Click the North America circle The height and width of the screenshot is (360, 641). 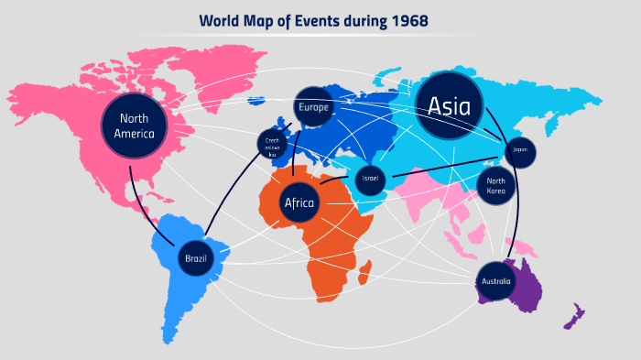135,125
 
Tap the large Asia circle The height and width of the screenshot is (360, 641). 450,106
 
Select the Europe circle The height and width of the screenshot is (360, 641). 311,106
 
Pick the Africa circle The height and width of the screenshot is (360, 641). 299,202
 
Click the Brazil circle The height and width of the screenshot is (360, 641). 195,258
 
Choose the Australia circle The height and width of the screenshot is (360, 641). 494,281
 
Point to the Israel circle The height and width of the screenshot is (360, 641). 370,178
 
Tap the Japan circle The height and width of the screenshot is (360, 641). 520,150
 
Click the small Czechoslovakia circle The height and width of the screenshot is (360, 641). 273,144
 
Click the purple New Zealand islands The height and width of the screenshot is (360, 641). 574,316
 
